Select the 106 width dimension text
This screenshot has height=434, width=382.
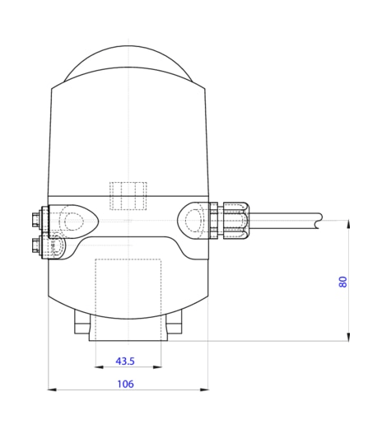(x=126, y=384)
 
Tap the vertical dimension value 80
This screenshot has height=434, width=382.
(x=342, y=282)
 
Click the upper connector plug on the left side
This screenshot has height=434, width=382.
(x=35, y=220)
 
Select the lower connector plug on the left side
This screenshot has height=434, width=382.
(x=35, y=244)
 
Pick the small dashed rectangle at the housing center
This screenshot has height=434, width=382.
(x=128, y=195)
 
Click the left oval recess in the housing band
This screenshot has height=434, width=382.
(x=76, y=221)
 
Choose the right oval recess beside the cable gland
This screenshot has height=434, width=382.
(x=194, y=220)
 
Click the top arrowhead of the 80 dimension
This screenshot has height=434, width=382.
(x=349, y=225)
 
